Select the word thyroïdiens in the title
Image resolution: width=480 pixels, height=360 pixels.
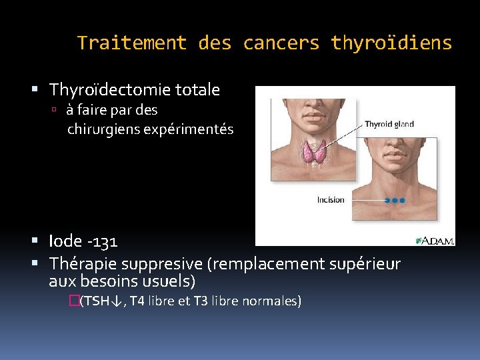pyautogui.click(x=391, y=43)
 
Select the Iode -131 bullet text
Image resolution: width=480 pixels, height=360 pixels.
pyautogui.click(x=83, y=241)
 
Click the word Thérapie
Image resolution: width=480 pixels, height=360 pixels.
pyautogui.click(x=77, y=265)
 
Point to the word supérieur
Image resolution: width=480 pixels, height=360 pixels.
pyautogui.click(x=366, y=265)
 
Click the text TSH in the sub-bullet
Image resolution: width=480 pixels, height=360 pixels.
pyautogui.click(x=97, y=301)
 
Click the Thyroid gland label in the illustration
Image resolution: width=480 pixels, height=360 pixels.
pyautogui.click(x=389, y=124)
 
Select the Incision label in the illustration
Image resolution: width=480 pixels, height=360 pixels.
pyautogui.click(x=331, y=199)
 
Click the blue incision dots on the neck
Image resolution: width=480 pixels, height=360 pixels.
pyautogui.click(x=395, y=200)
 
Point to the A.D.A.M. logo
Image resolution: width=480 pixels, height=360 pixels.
pyautogui.click(x=435, y=240)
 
